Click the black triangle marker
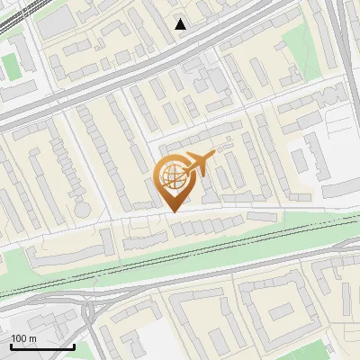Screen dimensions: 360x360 (x=181, y=24)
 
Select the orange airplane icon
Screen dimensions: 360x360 (x=200, y=163)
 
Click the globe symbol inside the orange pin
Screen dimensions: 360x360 (x=171, y=177)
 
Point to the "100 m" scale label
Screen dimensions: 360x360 (x=23, y=338)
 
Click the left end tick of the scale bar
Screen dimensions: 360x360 (x=11, y=346)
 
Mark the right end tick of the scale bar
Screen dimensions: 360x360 (x=74, y=346)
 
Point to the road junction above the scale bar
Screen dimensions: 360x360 (x=90, y=310)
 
